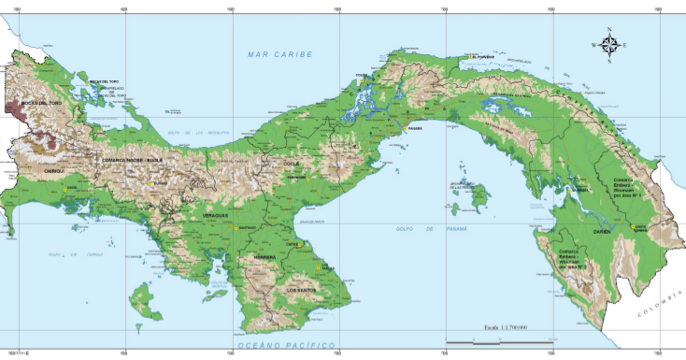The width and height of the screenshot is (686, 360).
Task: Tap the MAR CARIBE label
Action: point(279,55)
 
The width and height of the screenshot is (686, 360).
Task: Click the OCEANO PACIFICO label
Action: point(286,346)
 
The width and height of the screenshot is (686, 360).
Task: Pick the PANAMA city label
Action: point(415,128)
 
